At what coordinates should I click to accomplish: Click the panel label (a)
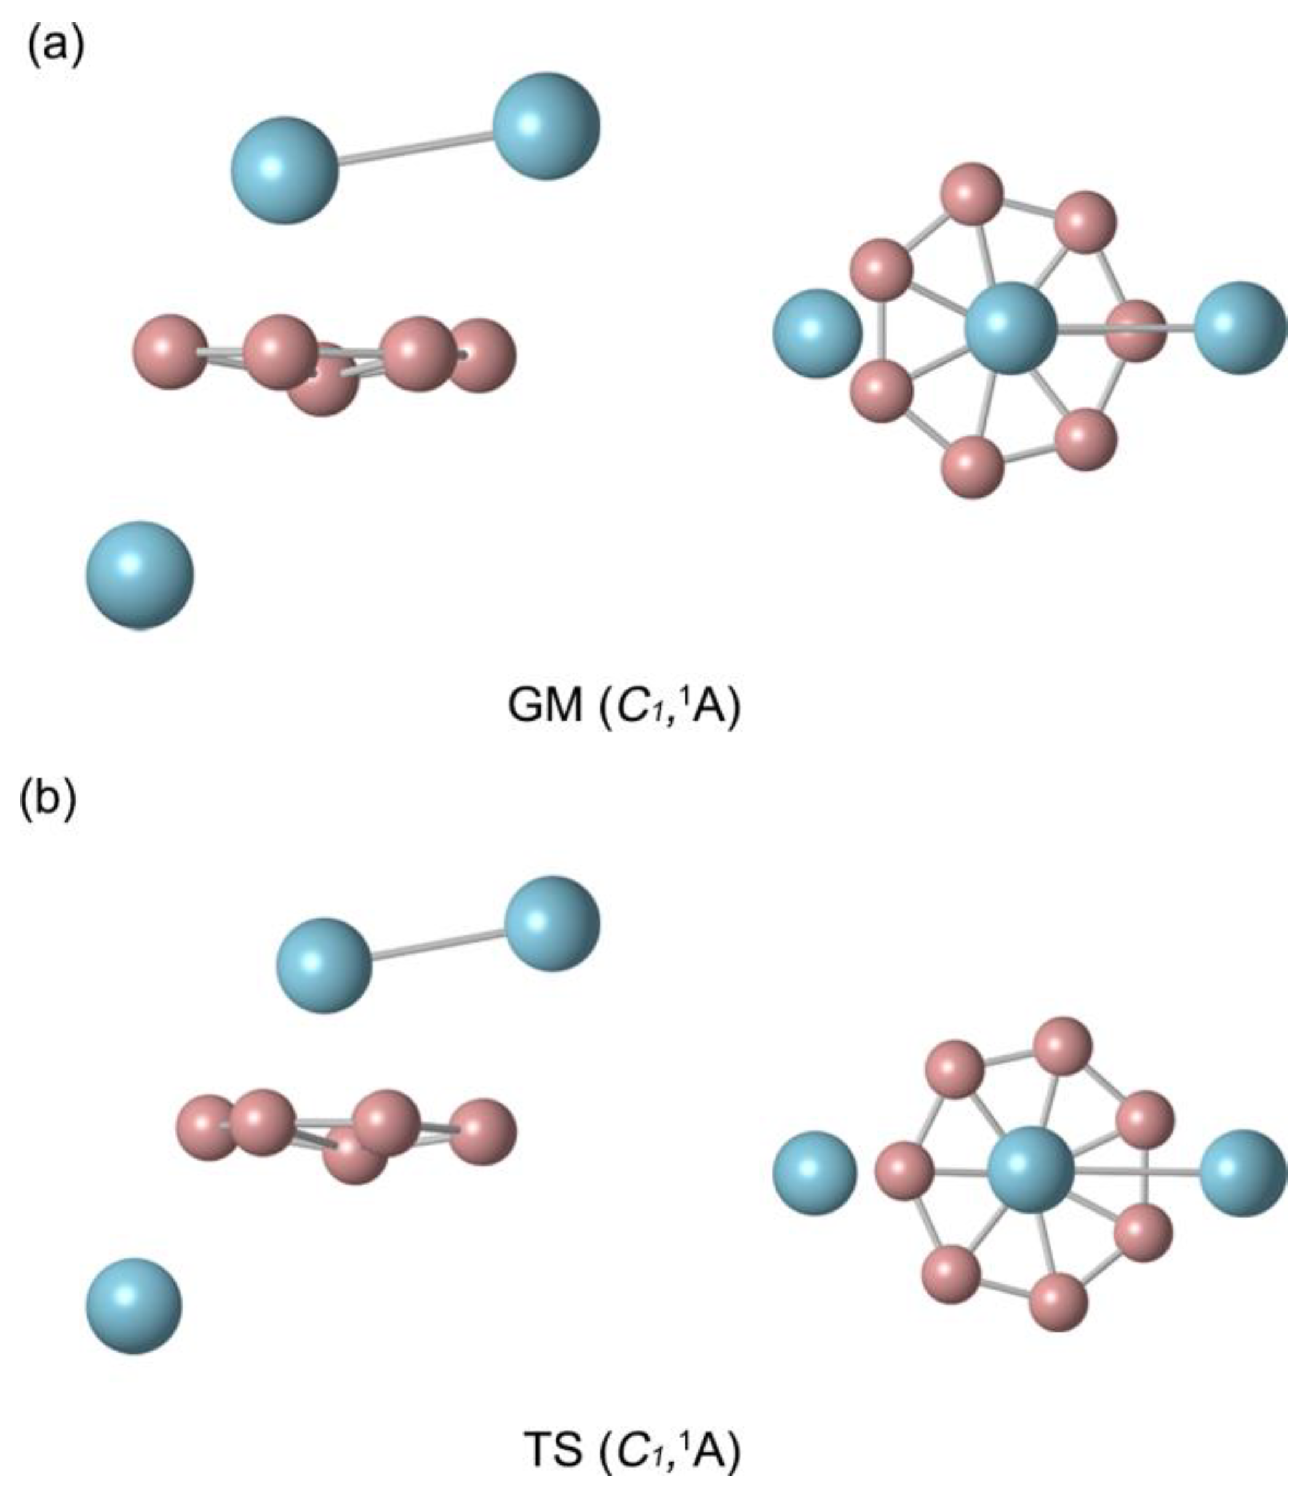(55, 48)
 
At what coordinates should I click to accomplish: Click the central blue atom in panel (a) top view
(1010, 328)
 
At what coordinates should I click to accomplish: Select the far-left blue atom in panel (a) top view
(816, 333)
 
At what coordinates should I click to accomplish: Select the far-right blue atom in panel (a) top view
(1240, 327)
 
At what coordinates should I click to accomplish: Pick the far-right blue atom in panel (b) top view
(1243, 1173)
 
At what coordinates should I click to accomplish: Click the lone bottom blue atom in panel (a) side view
(140, 574)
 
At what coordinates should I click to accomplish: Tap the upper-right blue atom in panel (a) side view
(546, 126)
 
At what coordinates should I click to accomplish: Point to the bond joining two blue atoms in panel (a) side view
(415, 147)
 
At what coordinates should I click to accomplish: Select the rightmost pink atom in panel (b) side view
(482, 1132)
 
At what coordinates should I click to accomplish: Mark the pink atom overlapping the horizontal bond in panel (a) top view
(1135, 330)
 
